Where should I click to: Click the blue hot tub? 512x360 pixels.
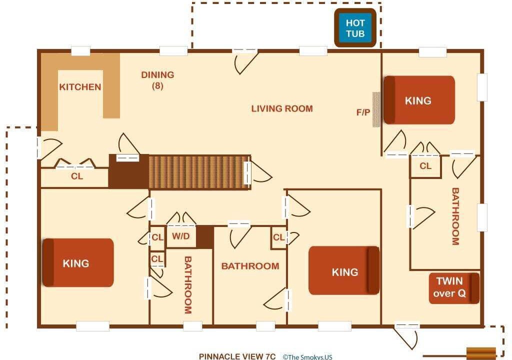355,28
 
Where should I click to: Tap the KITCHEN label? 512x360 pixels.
80,87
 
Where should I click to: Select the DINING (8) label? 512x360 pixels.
157,80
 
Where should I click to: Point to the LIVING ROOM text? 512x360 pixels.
282,108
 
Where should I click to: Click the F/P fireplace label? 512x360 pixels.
363,112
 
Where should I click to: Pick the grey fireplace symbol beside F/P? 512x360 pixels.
376,109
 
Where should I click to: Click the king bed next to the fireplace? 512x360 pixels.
419,100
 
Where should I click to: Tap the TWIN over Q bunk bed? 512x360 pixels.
454,288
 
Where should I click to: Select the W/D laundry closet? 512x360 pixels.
181,236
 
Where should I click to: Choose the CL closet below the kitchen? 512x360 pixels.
77,176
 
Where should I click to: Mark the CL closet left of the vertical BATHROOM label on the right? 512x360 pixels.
425,166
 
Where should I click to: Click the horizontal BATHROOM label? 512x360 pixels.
250,266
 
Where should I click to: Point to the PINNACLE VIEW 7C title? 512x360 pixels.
237,356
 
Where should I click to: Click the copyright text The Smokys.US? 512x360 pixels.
307,357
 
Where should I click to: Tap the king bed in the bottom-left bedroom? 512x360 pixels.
78,262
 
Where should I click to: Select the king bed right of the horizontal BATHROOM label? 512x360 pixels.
344,270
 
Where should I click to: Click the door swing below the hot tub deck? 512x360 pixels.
245,61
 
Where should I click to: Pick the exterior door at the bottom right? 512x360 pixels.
406,336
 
